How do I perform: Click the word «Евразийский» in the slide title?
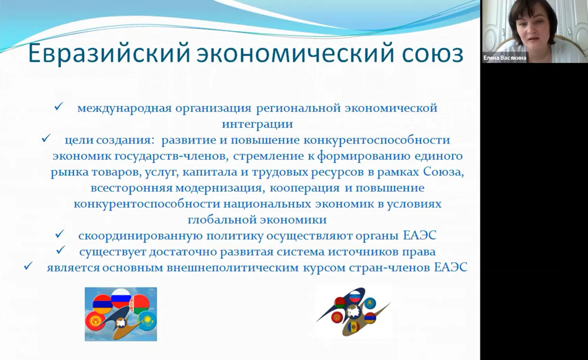coord(109,53)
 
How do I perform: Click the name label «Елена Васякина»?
coord(505,58)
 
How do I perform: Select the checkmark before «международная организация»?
coord(59,107)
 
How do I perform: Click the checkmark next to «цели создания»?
coord(46,138)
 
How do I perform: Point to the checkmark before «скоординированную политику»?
coord(59,234)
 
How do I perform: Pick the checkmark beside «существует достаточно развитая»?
coord(61,250)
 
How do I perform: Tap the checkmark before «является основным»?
coord(28,266)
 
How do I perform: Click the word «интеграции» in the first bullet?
coord(258,124)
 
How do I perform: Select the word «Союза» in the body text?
coord(443,172)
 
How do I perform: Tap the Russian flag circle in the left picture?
coord(121,298)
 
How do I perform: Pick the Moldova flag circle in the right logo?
coord(353,327)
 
